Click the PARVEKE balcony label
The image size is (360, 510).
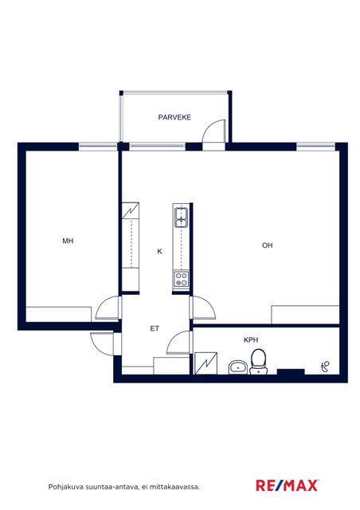point(174,117)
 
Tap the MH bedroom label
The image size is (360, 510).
point(68,241)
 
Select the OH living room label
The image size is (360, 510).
point(268,245)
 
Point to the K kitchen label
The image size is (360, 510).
point(159,252)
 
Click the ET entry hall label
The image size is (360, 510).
point(155,328)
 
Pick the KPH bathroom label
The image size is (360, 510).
point(251,340)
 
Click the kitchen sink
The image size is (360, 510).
point(181,217)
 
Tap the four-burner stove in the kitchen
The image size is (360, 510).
point(181,279)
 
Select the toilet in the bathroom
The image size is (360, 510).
point(259,361)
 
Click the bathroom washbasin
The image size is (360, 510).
point(238,367)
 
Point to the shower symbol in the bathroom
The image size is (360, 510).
point(326,367)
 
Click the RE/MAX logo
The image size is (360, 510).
point(288,485)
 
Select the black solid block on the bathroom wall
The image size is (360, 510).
point(291,372)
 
